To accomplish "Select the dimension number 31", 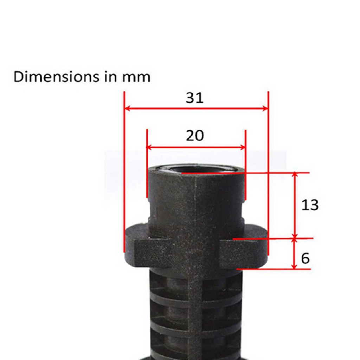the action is (194, 98).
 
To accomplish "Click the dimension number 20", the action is (195, 135).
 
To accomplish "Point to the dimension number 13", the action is (310, 205).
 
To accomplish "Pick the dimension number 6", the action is (306, 258).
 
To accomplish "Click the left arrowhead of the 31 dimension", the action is (127, 108).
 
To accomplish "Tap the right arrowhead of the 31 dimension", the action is (265, 108).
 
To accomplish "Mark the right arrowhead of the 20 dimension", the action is (243, 147).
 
